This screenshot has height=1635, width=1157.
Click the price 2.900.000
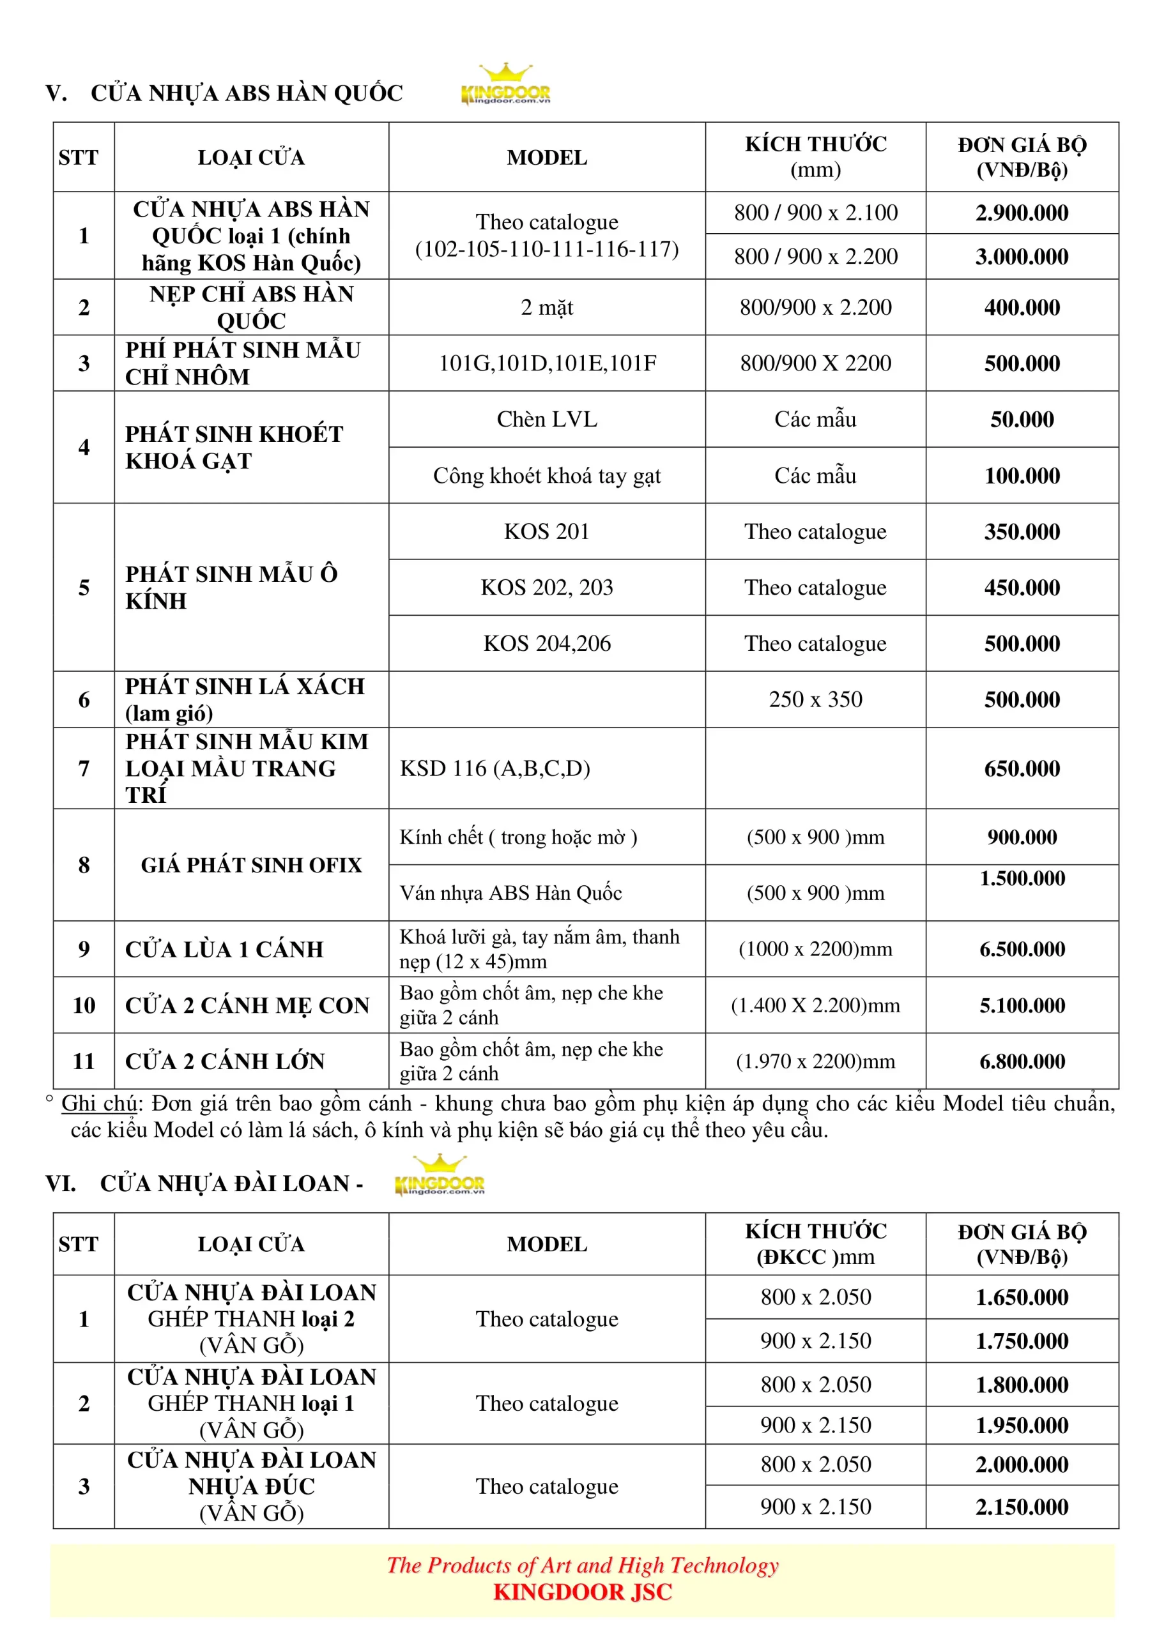(x=1022, y=213)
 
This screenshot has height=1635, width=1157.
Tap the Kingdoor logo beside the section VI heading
(x=440, y=1176)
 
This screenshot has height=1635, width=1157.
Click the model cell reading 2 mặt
(x=546, y=308)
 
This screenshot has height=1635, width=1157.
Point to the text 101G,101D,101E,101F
(x=546, y=363)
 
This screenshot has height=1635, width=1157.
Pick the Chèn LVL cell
(x=546, y=420)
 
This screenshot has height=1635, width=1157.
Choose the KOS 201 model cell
(x=546, y=532)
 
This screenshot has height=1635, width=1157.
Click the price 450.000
(x=1022, y=588)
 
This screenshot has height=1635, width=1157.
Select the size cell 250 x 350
(x=815, y=699)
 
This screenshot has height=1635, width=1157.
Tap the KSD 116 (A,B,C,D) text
(x=495, y=768)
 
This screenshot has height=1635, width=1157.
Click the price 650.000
(x=1022, y=768)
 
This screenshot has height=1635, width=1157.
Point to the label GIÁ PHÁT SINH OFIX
(x=251, y=865)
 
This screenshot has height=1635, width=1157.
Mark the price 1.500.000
(x=1022, y=879)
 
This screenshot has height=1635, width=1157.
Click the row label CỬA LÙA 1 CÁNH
(x=224, y=949)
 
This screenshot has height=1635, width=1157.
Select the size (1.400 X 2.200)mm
(x=815, y=1005)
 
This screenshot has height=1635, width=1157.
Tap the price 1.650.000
(x=1022, y=1297)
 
